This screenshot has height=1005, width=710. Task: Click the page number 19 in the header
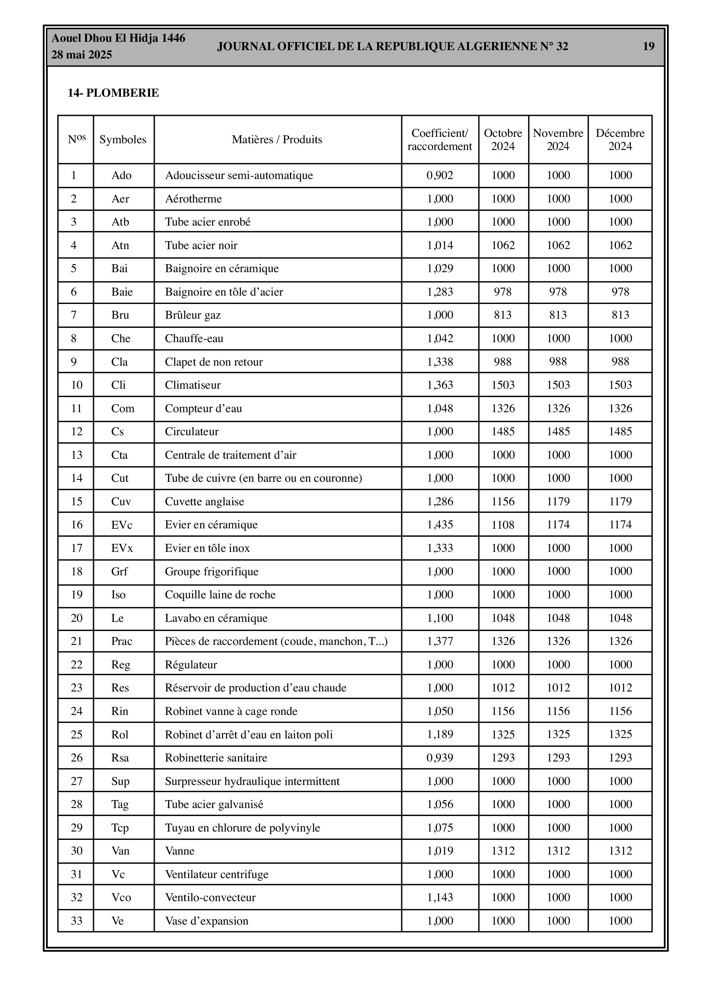pos(648,47)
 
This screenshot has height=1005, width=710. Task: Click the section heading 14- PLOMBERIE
pos(113,93)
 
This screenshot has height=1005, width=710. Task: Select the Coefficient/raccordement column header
pos(440,140)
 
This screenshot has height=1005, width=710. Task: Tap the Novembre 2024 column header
pos(558,140)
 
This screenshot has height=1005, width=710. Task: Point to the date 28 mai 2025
pos(82,55)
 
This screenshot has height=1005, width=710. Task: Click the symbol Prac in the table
pos(121,641)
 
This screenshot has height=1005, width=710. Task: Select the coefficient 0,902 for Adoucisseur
pos(440,175)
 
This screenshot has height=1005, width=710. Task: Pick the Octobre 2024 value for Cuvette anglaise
pos(502,501)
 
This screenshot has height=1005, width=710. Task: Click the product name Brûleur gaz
pos(193,315)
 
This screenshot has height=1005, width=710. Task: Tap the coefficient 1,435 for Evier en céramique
pos(440,525)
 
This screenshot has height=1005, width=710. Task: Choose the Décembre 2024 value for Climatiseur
pos(620,385)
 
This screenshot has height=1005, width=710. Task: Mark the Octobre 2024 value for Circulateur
pos(502,432)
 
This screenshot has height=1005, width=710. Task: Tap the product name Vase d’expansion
pos(206,921)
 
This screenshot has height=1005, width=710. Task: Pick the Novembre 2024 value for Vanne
pos(558,851)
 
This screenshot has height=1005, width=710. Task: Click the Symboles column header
pos(123,140)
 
